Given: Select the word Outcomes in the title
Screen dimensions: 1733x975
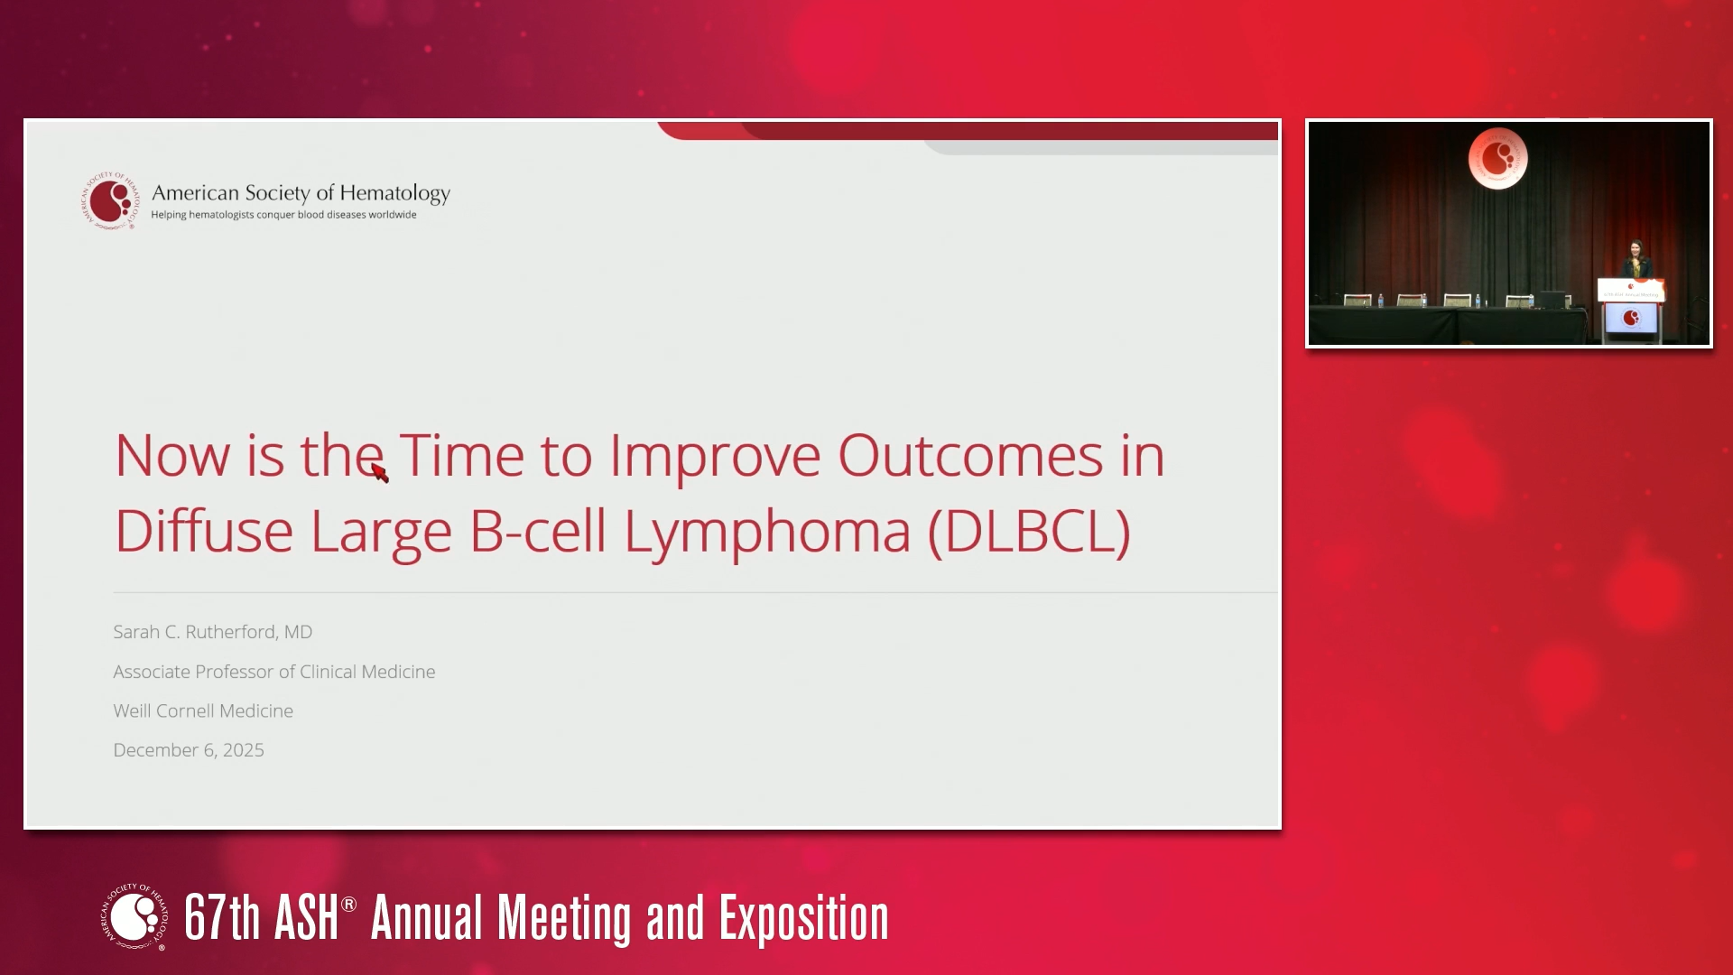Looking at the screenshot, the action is coord(970,455).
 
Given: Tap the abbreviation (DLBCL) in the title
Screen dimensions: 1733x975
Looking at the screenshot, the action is coord(1029,532).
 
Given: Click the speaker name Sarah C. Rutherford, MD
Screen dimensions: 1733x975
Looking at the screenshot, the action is coord(213,632).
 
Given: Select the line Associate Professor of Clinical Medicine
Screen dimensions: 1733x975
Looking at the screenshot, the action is coord(274,672).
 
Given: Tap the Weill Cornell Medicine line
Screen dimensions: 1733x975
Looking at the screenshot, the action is coord(203,710).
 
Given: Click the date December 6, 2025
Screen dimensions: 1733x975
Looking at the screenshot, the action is coord(189,750).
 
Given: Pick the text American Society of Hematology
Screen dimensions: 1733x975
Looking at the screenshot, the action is coord(301,193).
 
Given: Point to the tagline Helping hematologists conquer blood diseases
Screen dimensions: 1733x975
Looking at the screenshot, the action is coord(283,215).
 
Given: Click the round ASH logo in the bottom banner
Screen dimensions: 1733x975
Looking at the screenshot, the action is coord(134,916).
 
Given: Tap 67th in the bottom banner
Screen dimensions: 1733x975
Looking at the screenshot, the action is coord(222,917).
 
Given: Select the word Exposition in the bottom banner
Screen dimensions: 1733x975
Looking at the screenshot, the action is coord(803,919).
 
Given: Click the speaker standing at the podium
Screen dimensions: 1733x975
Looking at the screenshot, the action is coord(1636,259).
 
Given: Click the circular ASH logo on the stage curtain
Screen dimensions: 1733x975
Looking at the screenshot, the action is coord(1497,159).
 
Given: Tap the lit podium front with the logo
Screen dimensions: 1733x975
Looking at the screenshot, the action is coord(1631,318).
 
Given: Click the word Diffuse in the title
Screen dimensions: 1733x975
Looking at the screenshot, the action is coord(204,531).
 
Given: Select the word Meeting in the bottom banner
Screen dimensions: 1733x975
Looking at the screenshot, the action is coord(564,919).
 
